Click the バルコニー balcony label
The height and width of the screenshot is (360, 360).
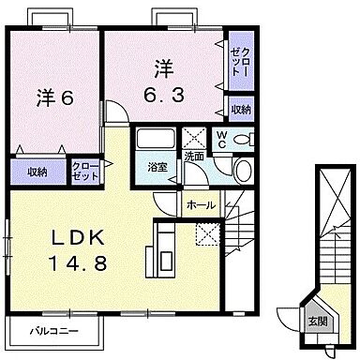pos(52,331)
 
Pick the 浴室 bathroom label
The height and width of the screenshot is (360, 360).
pos(157,167)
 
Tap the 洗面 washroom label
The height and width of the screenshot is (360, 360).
pos(194,157)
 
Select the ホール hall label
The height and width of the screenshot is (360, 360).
pos(201,204)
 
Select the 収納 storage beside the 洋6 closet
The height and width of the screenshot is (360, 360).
pos(37,172)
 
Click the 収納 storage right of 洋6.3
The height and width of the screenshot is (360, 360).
pos(239,109)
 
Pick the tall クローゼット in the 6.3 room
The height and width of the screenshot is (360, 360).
pos(239,61)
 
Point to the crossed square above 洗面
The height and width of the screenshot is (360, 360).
pos(195,136)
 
